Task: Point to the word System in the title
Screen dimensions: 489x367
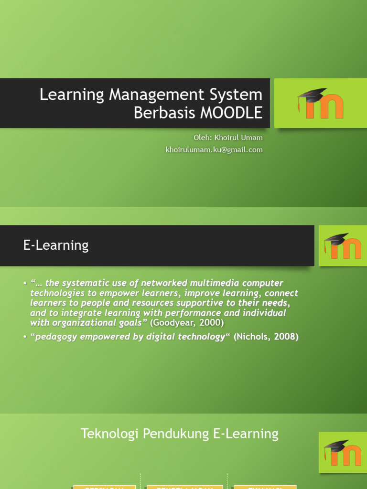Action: [239, 94]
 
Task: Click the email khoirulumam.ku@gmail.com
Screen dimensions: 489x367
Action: [214, 149]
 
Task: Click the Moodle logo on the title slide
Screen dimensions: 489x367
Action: [321, 103]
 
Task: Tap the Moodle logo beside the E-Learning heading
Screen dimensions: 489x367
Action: [343, 246]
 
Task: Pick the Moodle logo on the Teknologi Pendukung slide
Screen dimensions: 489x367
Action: [343, 452]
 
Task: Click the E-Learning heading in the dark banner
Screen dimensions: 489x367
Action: [56, 245]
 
